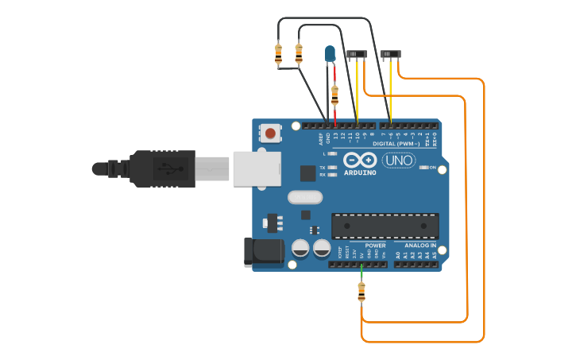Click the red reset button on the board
(271, 133)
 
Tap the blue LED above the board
(330, 54)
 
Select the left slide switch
(358, 54)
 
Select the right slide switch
(391, 54)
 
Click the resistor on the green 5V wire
(361, 292)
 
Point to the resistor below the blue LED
(334, 95)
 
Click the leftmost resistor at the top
(278, 54)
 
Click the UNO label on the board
(399, 161)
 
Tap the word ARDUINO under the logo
(360, 172)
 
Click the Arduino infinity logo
(360, 161)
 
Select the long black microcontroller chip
(385, 226)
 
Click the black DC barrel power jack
(263, 251)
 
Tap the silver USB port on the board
(257, 168)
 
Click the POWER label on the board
(375, 246)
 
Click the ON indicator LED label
(433, 168)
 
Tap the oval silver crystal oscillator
(303, 197)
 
